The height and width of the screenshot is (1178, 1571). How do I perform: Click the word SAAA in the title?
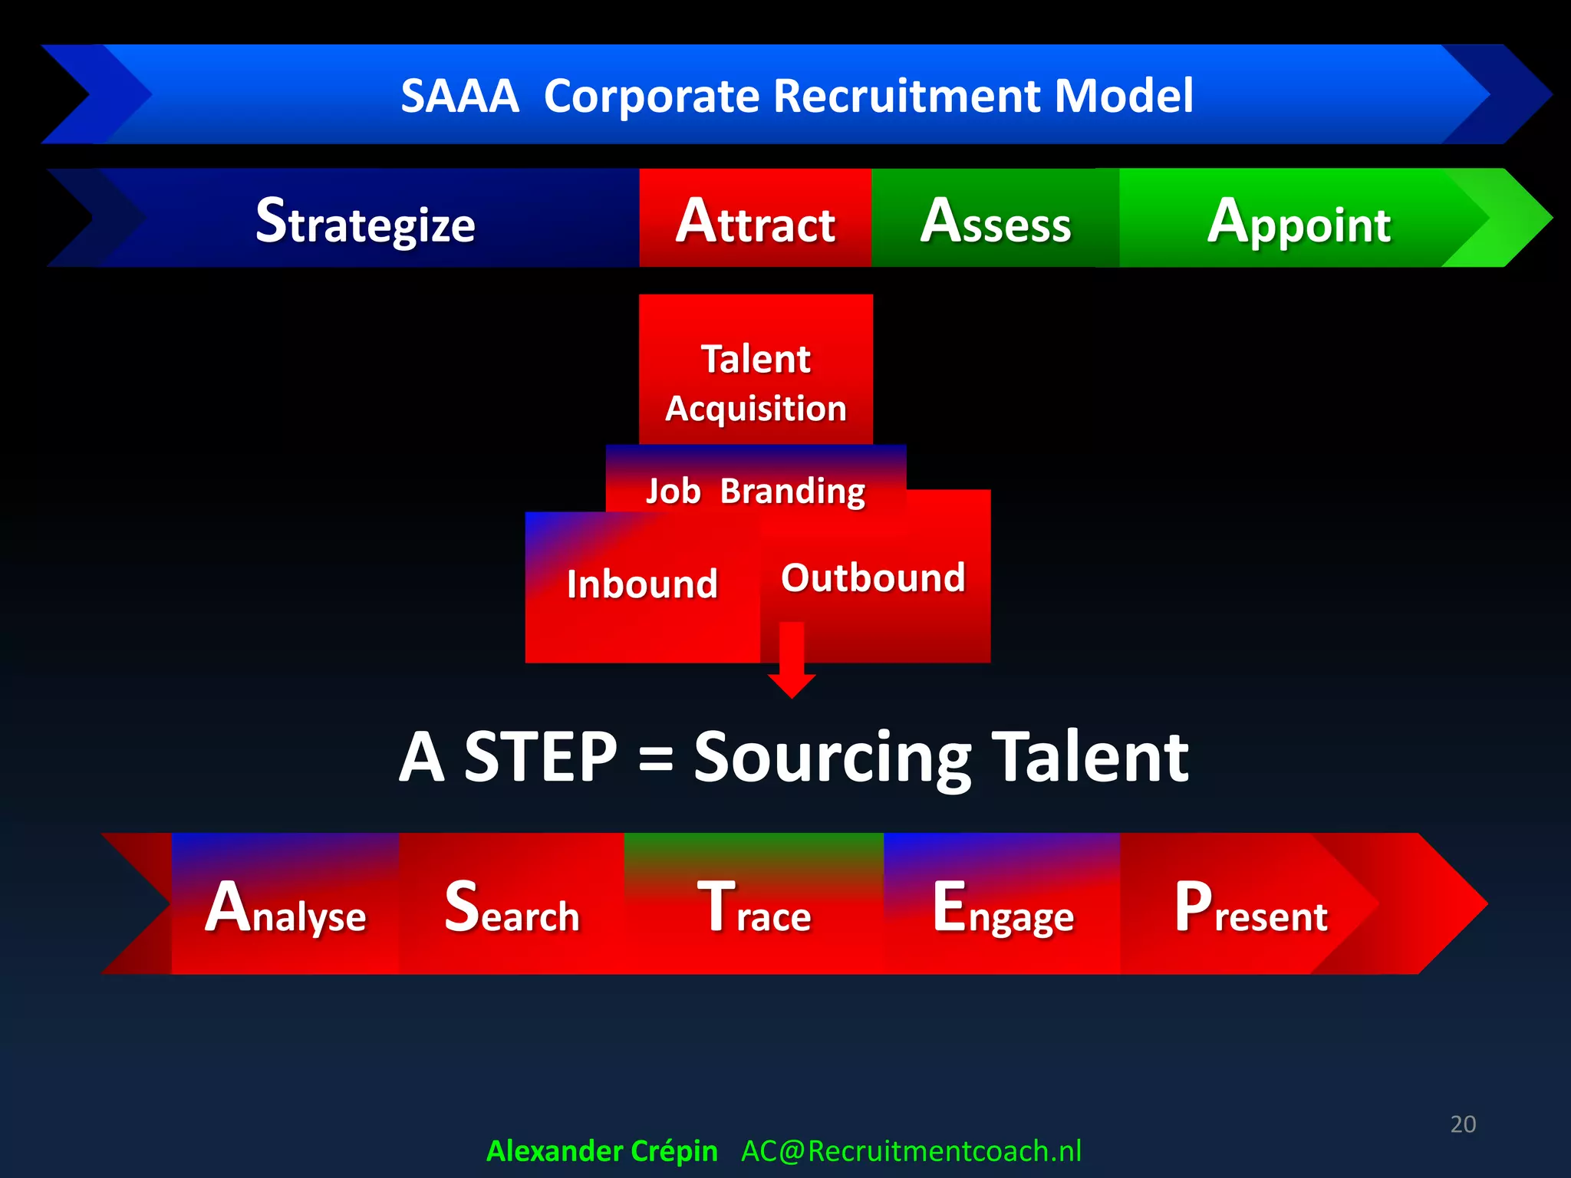pyautogui.click(x=459, y=97)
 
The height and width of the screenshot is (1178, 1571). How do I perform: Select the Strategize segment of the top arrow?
pyautogui.click(x=365, y=221)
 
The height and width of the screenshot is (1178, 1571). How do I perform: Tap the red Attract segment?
pyautogui.click(x=755, y=221)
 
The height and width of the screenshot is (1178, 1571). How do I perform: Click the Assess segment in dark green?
pyautogui.click(x=995, y=221)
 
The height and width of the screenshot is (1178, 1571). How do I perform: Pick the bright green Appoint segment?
pyautogui.click(x=1298, y=221)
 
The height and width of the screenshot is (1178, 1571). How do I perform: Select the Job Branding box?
pyautogui.click(x=756, y=490)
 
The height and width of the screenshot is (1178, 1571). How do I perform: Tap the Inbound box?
pyautogui.click(x=642, y=585)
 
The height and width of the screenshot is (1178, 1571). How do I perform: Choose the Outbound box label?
pyautogui.click(x=873, y=577)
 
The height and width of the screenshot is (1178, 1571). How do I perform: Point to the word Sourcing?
pyautogui.click(x=832, y=758)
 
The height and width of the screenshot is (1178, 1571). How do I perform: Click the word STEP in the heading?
pyautogui.click(x=541, y=758)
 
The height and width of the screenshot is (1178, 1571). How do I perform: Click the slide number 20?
pyautogui.click(x=1463, y=1124)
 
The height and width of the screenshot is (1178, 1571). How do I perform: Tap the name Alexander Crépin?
pyautogui.click(x=601, y=1150)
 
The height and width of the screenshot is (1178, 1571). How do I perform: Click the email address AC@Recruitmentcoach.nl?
pyautogui.click(x=911, y=1150)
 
